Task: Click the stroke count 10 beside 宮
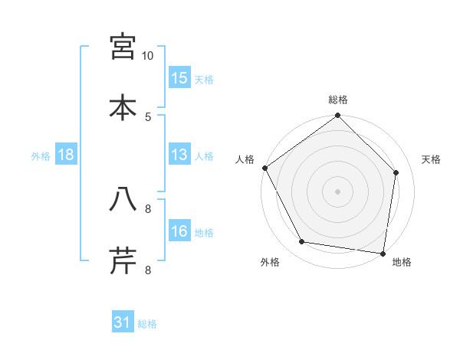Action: [148, 56]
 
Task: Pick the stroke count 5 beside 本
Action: [148, 116]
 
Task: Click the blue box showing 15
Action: [179, 77]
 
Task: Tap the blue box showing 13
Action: [179, 155]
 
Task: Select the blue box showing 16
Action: [179, 231]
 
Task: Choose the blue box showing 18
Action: [66, 155]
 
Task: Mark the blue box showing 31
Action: [123, 323]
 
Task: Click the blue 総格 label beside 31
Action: [147, 324]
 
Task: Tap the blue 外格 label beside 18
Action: [41, 155]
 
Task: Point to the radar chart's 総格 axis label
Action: [338, 100]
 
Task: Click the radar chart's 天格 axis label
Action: [432, 159]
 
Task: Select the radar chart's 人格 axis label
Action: [245, 159]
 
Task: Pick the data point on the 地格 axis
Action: [383, 253]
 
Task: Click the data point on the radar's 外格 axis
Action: [302, 242]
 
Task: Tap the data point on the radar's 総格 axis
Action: [338, 116]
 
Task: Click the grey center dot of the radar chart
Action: [338, 191]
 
